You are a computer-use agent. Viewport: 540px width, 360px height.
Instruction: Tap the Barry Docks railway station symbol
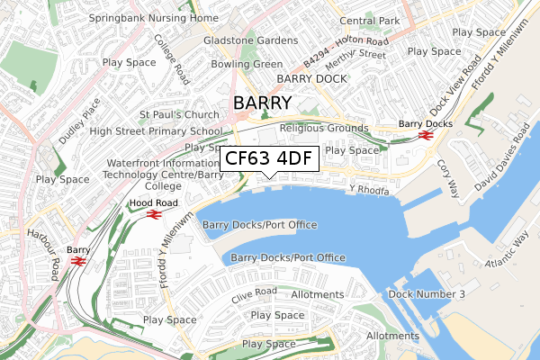[426, 136]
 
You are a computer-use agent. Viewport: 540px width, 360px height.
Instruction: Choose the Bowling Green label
[247, 65]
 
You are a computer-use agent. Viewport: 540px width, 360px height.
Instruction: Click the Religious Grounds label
[324, 128]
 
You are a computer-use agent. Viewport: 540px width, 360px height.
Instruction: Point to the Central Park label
[370, 22]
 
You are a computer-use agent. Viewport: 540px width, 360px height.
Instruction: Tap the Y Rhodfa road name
[369, 191]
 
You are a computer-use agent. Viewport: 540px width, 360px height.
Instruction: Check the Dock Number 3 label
[427, 295]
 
